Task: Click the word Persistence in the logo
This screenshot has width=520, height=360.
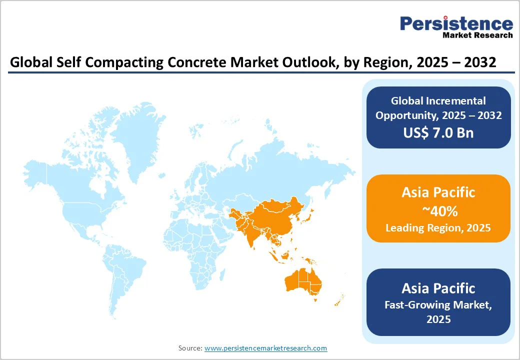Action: [x=456, y=24]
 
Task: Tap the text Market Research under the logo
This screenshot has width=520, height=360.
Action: [x=477, y=35]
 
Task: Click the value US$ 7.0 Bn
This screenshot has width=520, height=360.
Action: [x=438, y=132]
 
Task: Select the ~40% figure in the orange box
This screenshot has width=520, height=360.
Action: [x=438, y=211]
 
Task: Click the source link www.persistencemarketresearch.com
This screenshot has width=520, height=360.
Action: [x=265, y=348]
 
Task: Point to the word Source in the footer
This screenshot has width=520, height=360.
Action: [x=189, y=348]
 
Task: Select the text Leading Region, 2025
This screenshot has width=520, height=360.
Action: [x=438, y=228]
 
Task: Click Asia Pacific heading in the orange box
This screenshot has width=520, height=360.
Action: [x=438, y=192]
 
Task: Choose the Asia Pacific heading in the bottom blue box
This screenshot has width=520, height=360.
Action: [x=438, y=288]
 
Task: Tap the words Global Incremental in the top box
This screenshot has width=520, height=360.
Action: [x=438, y=101]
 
